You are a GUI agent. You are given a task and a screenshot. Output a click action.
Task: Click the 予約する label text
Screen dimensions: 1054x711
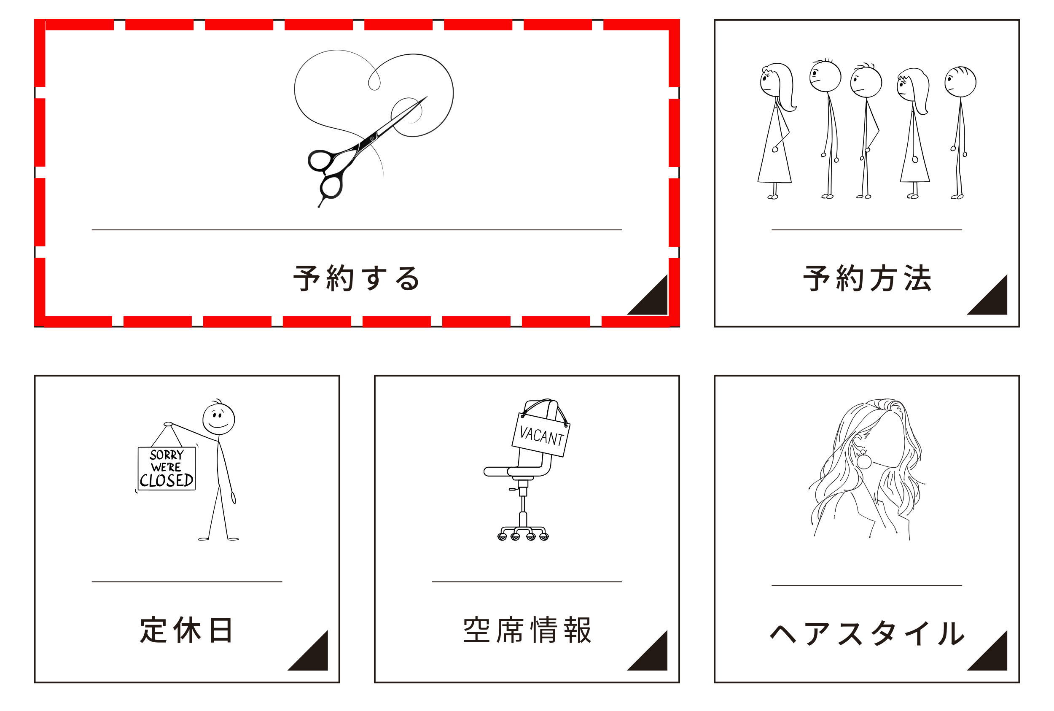(356, 278)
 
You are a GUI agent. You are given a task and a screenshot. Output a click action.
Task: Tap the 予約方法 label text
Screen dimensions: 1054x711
(867, 278)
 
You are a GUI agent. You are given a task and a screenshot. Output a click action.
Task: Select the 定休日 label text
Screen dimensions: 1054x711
(186, 630)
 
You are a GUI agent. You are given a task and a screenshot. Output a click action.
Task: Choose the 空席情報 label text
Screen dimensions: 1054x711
(527, 630)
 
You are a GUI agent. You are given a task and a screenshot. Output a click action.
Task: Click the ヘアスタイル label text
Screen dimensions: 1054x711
(867, 633)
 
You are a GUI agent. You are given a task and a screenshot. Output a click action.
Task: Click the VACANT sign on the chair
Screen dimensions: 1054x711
(541, 434)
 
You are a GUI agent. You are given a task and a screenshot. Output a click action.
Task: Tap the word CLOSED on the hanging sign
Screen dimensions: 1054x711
(167, 480)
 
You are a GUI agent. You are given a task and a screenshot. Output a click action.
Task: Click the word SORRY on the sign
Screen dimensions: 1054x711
(167, 455)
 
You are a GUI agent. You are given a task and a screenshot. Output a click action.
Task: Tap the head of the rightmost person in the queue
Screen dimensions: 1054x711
(960, 82)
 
